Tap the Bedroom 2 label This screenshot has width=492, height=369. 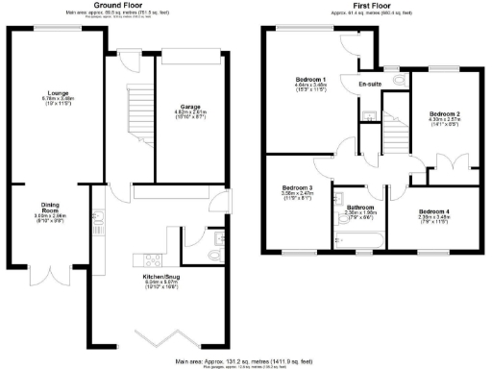445,114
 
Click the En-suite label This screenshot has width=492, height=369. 371,86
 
